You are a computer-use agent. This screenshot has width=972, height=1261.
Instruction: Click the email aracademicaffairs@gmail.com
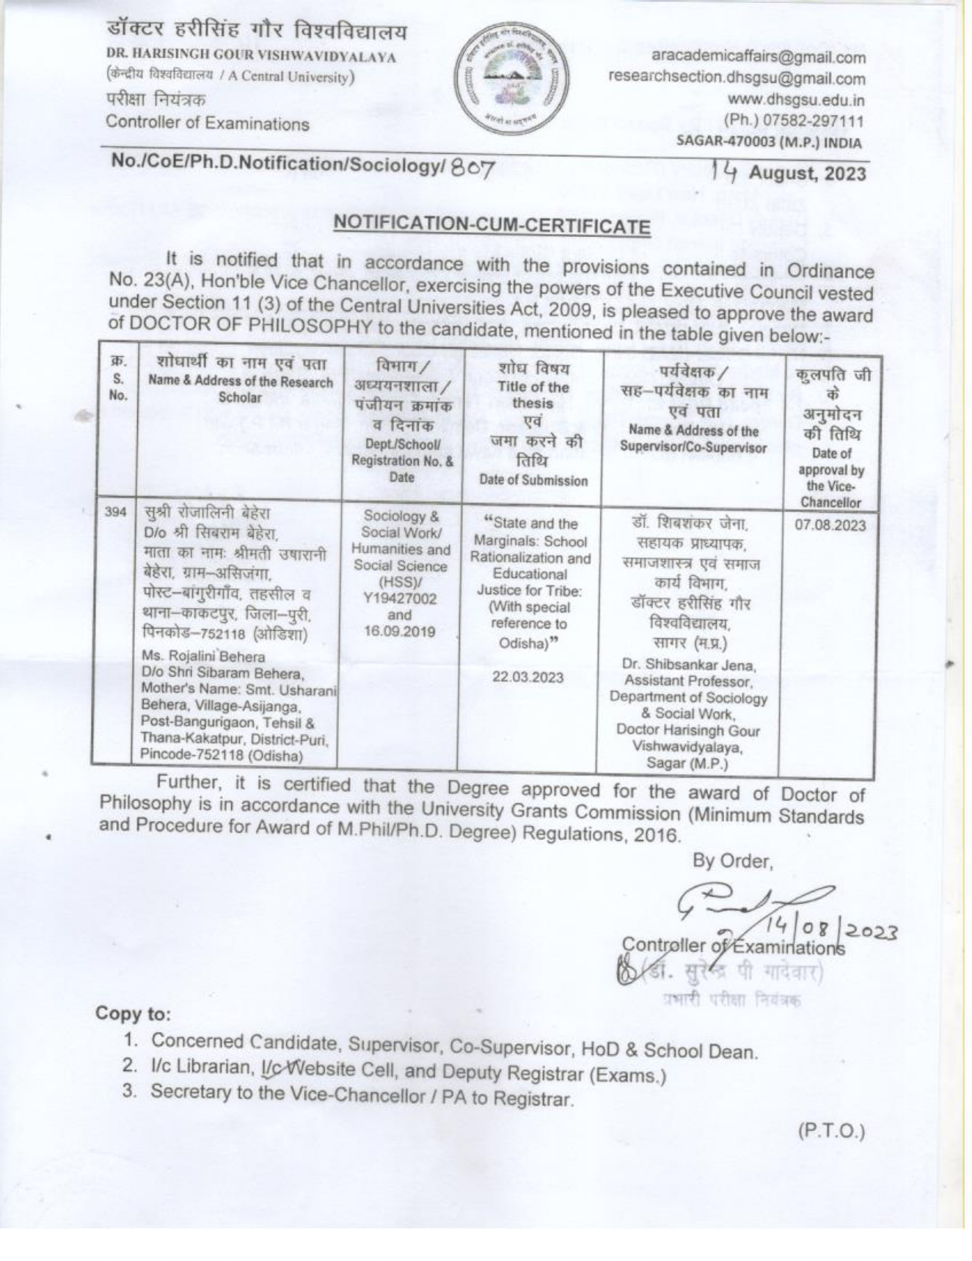[758, 56]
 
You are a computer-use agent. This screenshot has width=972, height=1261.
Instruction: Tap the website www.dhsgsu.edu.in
[795, 100]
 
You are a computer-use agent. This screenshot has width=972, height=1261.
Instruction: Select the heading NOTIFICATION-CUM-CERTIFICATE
[492, 225]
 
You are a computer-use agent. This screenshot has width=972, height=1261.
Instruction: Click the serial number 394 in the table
[114, 512]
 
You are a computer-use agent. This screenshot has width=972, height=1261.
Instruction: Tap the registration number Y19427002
[400, 599]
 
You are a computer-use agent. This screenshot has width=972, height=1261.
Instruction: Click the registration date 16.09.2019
[400, 632]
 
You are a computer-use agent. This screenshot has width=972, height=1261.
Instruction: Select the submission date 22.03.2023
[528, 677]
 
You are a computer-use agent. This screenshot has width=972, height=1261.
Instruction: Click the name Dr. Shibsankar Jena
[688, 665]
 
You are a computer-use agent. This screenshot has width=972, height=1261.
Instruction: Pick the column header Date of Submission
[533, 480]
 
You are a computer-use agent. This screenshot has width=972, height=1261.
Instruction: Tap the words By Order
[733, 860]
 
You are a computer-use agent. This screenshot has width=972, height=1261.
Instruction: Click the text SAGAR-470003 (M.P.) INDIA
[768, 142]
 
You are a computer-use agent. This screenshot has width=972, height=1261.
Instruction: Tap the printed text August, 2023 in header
[807, 174]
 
